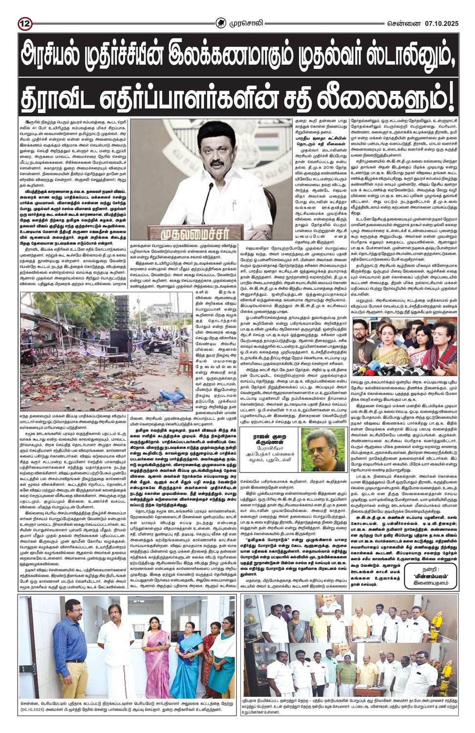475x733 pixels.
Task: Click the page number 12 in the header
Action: (x=24, y=9)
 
